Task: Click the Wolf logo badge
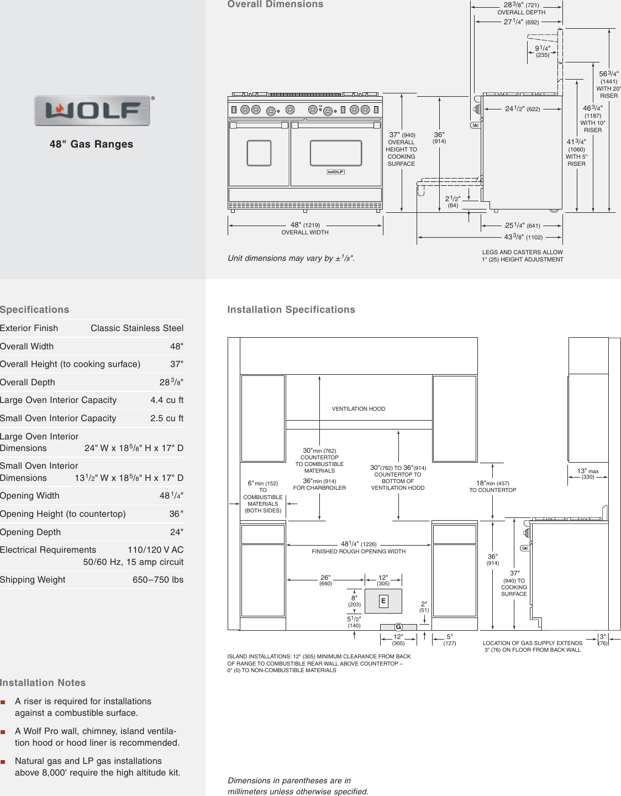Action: tap(92, 111)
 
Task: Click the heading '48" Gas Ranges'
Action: tap(91, 144)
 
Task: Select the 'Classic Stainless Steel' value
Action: tap(137, 328)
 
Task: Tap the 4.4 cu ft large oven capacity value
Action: tap(167, 400)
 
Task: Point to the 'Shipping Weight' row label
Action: tap(33, 580)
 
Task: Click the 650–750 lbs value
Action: tap(158, 580)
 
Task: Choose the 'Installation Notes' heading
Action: tap(43, 683)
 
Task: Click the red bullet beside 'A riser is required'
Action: tap(3, 702)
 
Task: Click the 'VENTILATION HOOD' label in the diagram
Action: tap(359, 409)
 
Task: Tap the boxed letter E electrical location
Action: tap(383, 601)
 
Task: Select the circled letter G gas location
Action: tap(398, 627)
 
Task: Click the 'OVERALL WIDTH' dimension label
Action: tap(305, 233)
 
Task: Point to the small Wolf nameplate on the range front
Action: tap(336, 172)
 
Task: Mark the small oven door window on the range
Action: tap(259, 153)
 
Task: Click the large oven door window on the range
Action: tap(336, 153)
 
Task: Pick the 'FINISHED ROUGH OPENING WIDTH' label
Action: tap(359, 552)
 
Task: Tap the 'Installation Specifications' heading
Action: tap(291, 310)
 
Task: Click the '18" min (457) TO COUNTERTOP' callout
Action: tap(493, 486)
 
